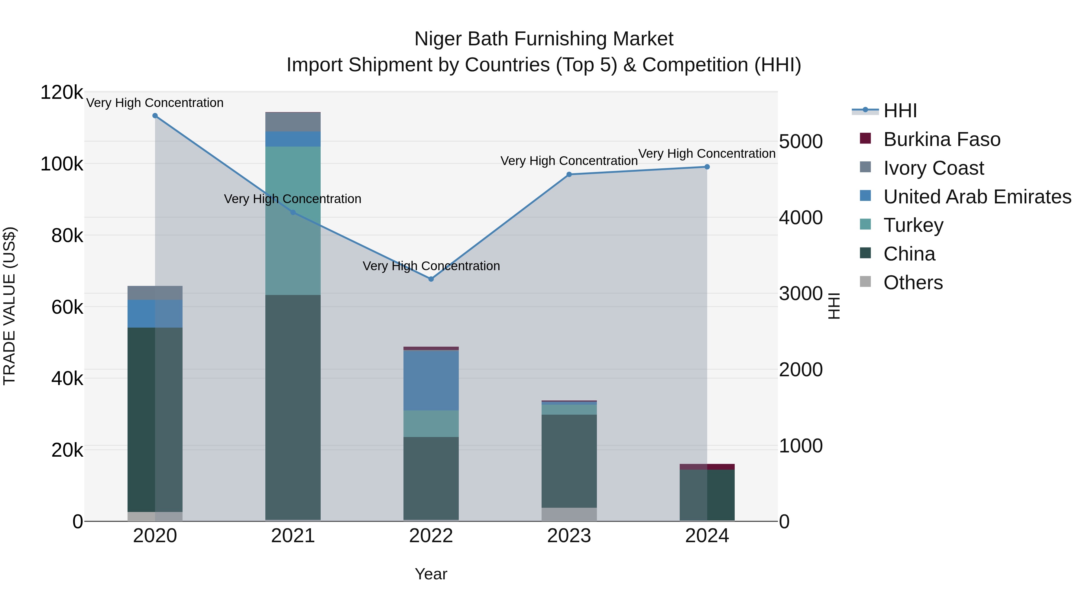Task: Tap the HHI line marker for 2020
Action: tap(155, 116)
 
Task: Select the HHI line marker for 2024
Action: tap(707, 167)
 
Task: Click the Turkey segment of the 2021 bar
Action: tap(293, 221)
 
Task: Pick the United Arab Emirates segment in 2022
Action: tap(431, 380)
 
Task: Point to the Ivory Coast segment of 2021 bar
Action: tap(293, 122)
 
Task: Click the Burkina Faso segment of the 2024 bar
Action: tap(707, 467)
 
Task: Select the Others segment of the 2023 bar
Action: tap(569, 514)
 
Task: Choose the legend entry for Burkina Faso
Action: tap(942, 139)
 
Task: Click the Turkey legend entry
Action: tap(913, 225)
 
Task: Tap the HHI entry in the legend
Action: tap(900, 111)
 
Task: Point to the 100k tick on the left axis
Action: tap(62, 164)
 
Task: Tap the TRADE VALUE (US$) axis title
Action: tap(9, 306)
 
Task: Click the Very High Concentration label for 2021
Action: tap(293, 199)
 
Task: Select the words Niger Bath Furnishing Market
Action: tap(544, 39)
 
